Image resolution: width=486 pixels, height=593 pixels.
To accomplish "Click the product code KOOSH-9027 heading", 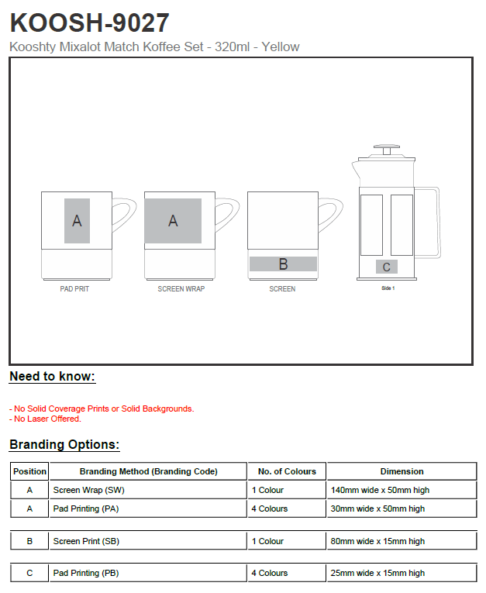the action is (x=89, y=22).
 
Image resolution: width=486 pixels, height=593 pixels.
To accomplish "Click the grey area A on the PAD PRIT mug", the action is (x=78, y=221).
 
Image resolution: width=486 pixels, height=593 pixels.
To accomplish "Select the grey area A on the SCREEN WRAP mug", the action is (x=173, y=221).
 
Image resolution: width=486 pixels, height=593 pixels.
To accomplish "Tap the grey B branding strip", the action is (x=283, y=264).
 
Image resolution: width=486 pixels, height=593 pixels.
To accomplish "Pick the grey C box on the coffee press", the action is (x=387, y=267).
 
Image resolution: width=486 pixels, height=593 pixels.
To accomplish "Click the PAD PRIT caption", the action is (x=74, y=289).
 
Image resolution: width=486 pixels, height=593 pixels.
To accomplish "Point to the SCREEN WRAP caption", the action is (x=181, y=289).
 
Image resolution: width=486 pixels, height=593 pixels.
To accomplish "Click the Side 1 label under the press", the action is (x=388, y=288).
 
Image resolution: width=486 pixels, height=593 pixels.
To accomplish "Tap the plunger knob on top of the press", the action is (x=387, y=147).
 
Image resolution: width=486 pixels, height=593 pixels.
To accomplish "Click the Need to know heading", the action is (x=52, y=377).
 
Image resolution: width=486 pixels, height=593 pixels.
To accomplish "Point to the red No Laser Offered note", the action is (x=45, y=419).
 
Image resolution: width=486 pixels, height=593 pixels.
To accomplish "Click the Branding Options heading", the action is (x=64, y=445).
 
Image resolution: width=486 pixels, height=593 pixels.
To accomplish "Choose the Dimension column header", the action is (x=402, y=471).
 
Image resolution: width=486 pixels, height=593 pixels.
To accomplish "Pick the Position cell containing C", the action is (x=29, y=574).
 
